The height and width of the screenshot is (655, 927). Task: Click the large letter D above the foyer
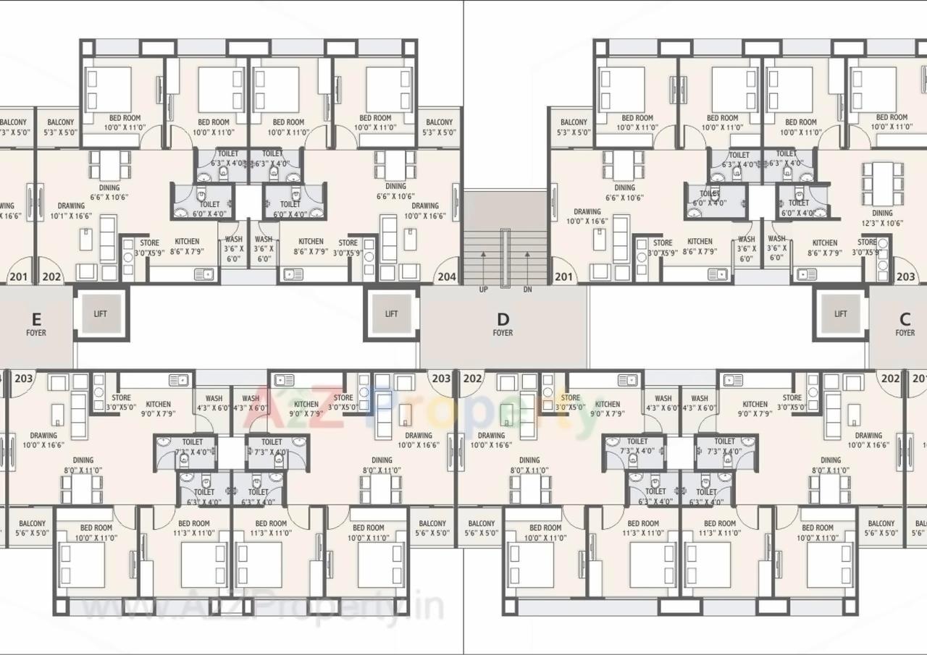coord(503,319)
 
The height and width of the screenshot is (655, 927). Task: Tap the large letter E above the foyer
coord(36,318)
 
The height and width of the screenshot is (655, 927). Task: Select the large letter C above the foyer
coord(905,319)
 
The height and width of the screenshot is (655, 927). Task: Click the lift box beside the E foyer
coord(101,313)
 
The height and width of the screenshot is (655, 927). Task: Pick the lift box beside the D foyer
coord(391,313)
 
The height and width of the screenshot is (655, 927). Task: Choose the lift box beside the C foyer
coord(840,313)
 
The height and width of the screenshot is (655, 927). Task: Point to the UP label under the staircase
coord(483,290)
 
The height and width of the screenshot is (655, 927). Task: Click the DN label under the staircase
coord(527,290)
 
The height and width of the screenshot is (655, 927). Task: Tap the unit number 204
coord(447,276)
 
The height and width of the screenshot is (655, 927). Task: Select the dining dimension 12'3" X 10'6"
coord(882,223)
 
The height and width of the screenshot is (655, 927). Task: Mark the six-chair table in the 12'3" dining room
coord(882,184)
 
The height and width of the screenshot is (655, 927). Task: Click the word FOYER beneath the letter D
coord(503,333)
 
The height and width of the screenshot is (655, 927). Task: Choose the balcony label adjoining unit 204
coord(439,127)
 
